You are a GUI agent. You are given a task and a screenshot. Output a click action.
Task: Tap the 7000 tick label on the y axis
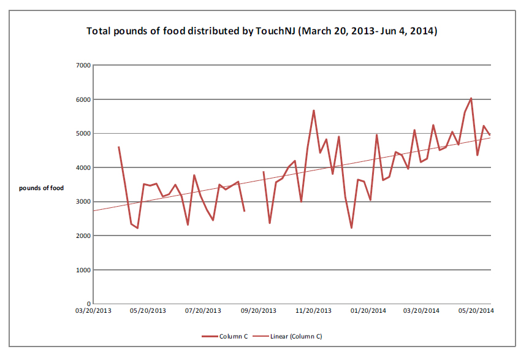tap(83, 65)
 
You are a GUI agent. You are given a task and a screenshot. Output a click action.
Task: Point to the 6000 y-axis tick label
tap(83, 99)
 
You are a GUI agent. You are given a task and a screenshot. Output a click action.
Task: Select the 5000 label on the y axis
tap(83, 133)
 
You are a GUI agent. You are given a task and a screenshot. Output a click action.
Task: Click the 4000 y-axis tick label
tap(83, 167)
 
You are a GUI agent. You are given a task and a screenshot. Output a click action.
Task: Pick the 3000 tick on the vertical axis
tap(83, 202)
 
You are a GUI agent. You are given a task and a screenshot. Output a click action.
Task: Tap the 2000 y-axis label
tap(83, 236)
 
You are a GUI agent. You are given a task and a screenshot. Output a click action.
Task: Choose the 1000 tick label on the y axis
tap(83, 270)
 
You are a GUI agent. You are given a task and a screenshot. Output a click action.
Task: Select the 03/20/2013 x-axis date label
tap(94, 311)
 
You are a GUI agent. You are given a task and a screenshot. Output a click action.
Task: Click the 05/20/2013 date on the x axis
tap(148, 311)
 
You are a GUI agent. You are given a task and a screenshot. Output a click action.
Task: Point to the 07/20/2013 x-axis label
tap(203, 311)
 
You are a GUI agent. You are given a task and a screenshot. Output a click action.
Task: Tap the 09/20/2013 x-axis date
tap(258, 311)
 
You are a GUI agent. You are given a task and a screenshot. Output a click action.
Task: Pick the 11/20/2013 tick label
tap(313, 311)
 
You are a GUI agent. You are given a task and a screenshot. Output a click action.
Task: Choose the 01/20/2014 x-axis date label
tap(368, 311)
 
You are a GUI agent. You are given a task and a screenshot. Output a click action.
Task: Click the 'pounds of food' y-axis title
tap(41, 188)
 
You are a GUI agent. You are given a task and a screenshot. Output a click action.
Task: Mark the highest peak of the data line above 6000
tap(471, 98)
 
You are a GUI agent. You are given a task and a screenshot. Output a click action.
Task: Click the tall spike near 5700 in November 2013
tap(314, 111)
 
